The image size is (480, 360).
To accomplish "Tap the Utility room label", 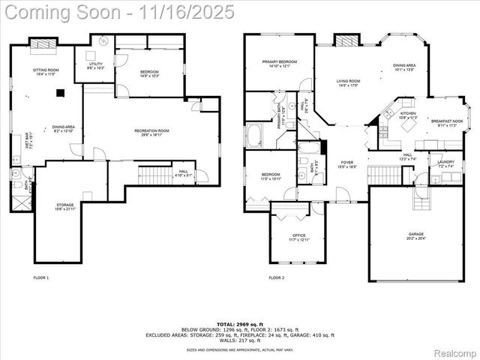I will (x=95, y=66).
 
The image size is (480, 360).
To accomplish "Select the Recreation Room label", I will (x=151, y=133).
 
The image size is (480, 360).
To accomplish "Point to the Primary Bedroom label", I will (x=279, y=63).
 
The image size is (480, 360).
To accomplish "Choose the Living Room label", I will (x=348, y=82).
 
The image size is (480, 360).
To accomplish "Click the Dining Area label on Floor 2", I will (x=405, y=67).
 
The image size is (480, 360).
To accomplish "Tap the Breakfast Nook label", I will (x=446, y=122).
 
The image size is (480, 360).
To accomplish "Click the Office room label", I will (x=298, y=237).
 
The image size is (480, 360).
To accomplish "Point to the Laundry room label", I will (x=446, y=163).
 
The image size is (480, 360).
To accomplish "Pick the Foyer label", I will (x=347, y=163).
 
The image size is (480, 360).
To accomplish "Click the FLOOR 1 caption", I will (x=41, y=278).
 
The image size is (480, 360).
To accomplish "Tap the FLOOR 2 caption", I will (x=277, y=278).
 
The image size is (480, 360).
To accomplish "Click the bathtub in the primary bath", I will (x=255, y=136).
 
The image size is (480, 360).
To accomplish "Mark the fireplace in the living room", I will (x=344, y=40).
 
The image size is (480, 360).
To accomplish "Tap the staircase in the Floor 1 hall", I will (x=154, y=176).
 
